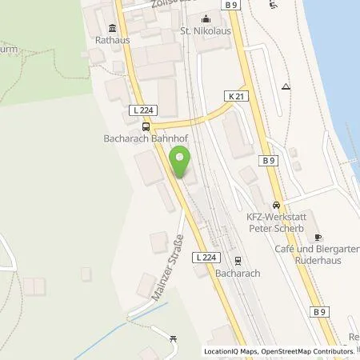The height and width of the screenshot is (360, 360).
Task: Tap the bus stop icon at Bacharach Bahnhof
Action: pos(145,126)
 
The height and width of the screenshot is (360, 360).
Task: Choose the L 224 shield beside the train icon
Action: pos(206,258)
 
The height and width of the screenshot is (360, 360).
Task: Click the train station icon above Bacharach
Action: pos(238,259)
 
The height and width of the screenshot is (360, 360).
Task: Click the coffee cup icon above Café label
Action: pos(318,238)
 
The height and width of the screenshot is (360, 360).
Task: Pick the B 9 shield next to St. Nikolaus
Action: pos(232,6)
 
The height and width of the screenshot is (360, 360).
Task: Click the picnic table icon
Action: pos(174,340)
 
